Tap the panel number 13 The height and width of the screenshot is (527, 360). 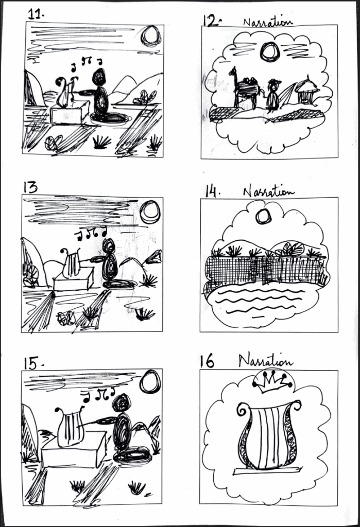[30, 187]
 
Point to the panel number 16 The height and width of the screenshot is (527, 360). [207, 361]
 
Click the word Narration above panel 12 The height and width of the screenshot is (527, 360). [267, 22]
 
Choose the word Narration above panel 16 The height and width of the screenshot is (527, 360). [265, 361]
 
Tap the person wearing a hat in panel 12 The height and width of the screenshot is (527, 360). [272, 95]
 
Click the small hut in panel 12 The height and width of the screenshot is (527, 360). [306, 90]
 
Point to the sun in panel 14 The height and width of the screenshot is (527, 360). [263, 217]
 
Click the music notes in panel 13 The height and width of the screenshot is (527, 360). [91, 234]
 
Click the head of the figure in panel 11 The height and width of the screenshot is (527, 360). [99, 78]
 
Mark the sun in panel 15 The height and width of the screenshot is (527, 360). [150, 382]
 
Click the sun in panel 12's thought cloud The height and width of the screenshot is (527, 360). [269, 52]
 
